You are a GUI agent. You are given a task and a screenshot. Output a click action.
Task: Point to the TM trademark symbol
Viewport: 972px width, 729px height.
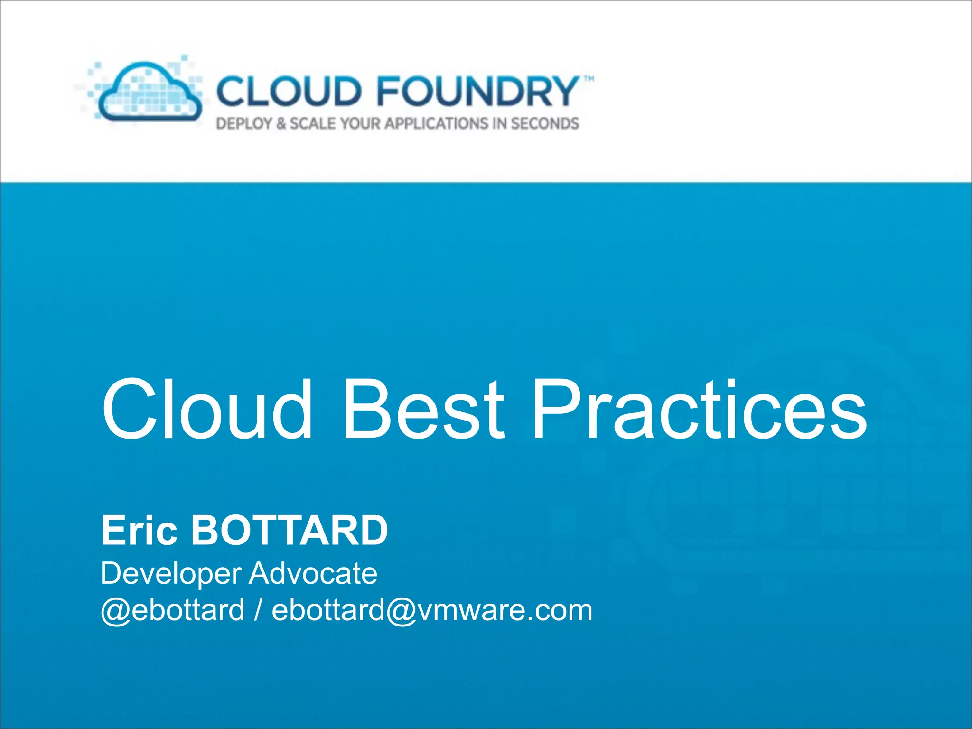588,79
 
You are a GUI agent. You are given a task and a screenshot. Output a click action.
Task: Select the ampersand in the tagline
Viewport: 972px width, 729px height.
281,124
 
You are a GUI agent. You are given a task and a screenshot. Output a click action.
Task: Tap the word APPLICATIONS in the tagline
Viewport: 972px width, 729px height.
436,124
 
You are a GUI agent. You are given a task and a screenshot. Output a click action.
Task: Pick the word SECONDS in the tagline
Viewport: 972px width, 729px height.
545,124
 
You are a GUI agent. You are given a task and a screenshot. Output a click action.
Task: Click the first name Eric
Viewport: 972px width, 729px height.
139,530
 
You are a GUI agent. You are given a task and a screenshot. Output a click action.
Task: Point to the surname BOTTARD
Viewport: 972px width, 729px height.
289,530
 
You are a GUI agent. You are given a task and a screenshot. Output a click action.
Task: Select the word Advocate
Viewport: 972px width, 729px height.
313,573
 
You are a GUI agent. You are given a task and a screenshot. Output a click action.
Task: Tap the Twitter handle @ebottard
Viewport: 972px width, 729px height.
172,610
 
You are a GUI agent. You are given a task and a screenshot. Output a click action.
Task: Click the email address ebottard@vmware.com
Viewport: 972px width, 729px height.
432,610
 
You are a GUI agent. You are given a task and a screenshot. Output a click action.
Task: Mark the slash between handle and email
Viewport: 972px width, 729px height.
258,610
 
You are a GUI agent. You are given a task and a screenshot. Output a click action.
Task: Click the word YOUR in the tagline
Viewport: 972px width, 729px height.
361,124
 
